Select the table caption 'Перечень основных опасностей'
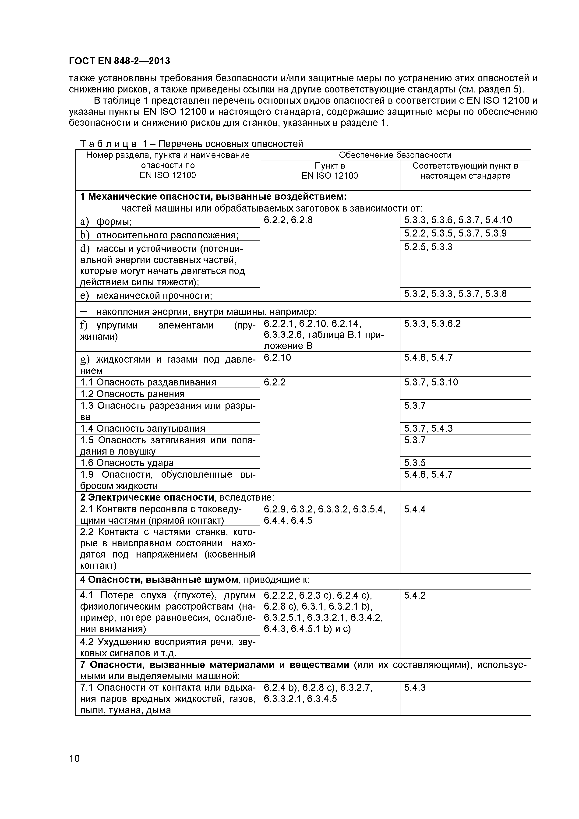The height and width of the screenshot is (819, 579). pos(230,144)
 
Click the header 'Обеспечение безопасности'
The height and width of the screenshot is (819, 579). pos(395,155)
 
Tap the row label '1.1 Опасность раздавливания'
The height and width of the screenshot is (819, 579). pos(148,382)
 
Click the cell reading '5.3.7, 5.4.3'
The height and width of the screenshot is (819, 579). pos(428,428)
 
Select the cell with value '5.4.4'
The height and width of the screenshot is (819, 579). pos(415,509)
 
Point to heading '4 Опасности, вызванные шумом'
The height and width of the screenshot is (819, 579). pos(159,580)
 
